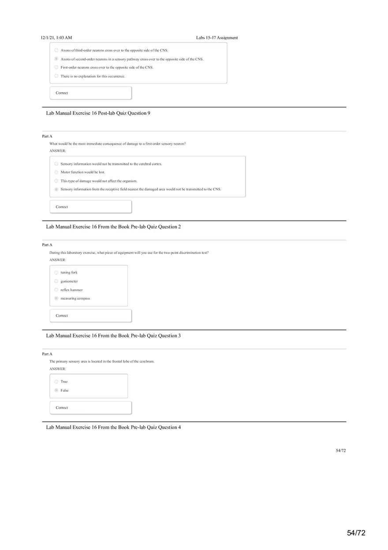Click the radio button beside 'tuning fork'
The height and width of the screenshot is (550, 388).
[x=56, y=273]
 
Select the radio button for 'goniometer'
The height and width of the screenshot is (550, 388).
[x=56, y=281]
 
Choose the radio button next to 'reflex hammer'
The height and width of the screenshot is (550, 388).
[x=56, y=290]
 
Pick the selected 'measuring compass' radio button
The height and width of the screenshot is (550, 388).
[x=56, y=299]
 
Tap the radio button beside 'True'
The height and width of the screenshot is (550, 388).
[x=56, y=382]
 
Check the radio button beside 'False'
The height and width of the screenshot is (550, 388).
[x=56, y=390]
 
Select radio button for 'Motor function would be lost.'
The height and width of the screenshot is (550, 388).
[x=56, y=172]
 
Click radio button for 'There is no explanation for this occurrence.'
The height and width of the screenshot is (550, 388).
[x=56, y=76]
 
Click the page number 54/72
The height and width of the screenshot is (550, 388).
[x=341, y=450]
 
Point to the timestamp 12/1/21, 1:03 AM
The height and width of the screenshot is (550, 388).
[x=56, y=38]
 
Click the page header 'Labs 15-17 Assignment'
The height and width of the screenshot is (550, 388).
[x=217, y=38]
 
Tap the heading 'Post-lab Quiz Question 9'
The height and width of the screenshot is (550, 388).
[x=98, y=113]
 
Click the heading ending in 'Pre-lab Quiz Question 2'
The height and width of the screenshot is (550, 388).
[x=113, y=227]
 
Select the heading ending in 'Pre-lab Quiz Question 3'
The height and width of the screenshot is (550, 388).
[x=113, y=336]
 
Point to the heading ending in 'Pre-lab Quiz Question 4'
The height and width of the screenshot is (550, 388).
[x=113, y=427]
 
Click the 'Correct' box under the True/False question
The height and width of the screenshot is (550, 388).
[x=91, y=408]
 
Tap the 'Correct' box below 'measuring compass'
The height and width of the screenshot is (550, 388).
[x=91, y=316]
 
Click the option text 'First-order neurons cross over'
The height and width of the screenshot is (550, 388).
[x=107, y=67]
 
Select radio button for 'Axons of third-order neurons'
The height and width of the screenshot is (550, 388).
[x=56, y=50]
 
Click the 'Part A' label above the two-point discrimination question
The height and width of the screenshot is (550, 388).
[x=47, y=245]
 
